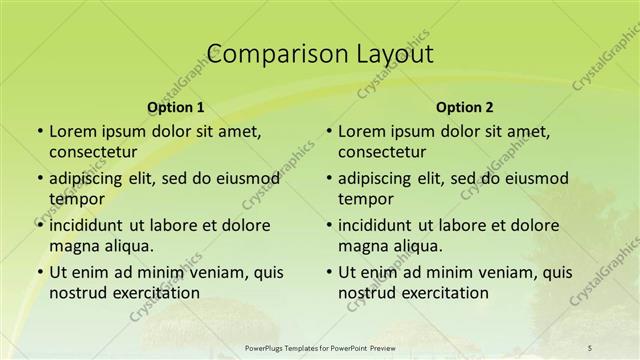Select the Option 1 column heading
point(176,107)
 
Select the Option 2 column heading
point(465,107)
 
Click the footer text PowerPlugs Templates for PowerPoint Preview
point(319,348)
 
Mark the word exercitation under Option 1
point(151,293)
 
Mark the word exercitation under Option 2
point(440,293)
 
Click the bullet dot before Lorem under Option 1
point(39,131)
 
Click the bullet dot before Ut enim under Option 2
point(328,273)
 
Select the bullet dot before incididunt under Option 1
point(39,225)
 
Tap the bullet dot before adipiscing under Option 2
point(328,179)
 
